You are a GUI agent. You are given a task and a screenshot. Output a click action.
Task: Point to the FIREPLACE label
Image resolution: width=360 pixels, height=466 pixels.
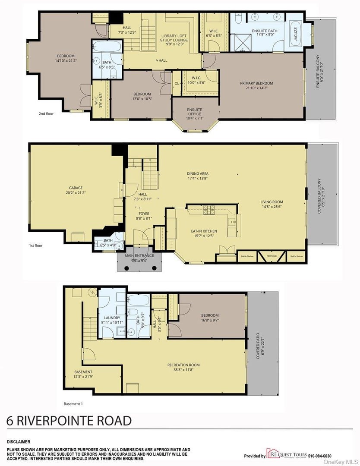(x=272, y=256)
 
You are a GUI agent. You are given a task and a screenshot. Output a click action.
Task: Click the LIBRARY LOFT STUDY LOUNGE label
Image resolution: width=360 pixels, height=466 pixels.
(x=173, y=39)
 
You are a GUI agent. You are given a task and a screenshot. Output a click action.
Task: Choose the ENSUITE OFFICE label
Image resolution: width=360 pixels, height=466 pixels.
(x=194, y=112)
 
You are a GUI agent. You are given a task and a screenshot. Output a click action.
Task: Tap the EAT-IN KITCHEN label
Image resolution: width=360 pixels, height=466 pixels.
(x=204, y=231)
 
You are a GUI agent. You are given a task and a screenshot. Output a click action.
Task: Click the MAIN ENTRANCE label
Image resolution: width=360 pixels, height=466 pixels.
(x=139, y=255)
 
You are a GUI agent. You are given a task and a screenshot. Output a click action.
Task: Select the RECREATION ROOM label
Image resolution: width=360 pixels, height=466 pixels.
(x=183, y=365)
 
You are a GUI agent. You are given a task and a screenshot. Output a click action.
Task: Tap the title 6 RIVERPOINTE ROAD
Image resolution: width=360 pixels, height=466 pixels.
(x=69, y=420)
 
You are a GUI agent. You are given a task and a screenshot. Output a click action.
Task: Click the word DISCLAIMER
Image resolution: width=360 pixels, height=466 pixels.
(x=19, y=441)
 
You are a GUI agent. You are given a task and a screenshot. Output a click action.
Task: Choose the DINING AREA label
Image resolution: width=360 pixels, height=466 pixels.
(x=198, y=174)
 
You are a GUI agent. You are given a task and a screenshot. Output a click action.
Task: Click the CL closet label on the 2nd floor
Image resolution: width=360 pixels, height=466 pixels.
(x=177, y=83)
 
